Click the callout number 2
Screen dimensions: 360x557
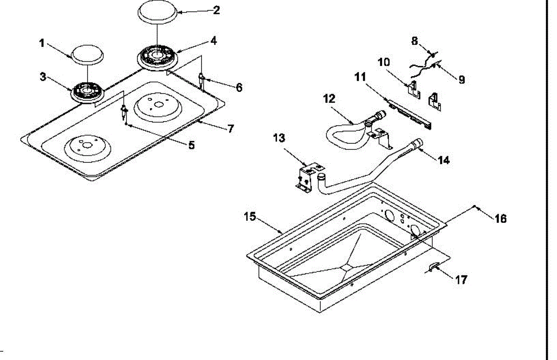[x=216, y=10]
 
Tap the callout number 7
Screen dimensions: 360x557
[x=231, y=129]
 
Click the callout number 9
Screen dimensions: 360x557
[x=461, y=80]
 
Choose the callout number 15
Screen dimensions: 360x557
[x=250, y=217]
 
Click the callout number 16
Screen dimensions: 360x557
[x=500, y=218]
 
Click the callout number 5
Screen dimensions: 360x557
[x=191, y=145]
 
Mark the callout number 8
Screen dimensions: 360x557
[x=415, y=41]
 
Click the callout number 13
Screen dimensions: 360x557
[x=279, y=138]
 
